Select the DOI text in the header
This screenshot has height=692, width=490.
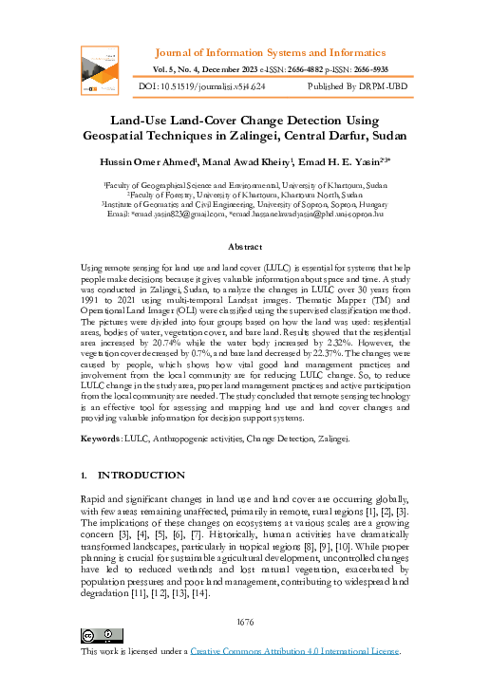point(201,85)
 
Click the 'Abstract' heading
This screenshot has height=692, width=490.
point(244,247)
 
